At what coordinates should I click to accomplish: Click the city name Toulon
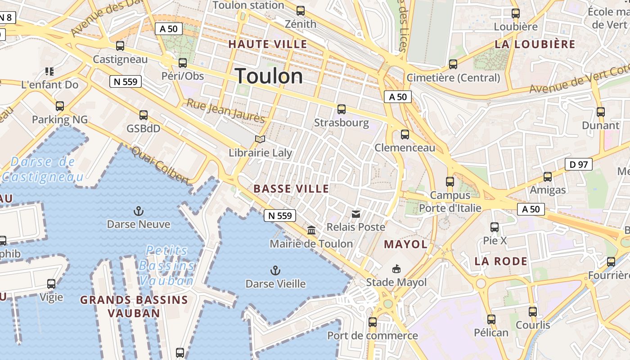click(269, 76)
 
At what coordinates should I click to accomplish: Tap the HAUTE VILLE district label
click(268, 44)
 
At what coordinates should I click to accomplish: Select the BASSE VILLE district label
click(291, 189)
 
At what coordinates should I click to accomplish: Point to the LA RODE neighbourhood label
click(501, 261)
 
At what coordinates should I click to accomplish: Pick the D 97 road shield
click(579, 164)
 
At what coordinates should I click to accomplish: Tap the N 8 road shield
click(7, 18)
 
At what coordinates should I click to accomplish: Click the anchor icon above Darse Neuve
click(139, 211)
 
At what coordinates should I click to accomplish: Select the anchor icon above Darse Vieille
click(275, 270)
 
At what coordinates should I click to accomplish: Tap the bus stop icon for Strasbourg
click(342, 109)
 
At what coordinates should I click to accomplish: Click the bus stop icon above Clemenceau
click(405, 134)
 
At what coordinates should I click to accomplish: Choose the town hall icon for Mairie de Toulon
click(311, 230)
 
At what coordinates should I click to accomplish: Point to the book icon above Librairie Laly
click(260, 139)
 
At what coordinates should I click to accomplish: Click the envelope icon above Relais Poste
click(356, 214)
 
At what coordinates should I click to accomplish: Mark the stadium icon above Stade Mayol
click(396, 269)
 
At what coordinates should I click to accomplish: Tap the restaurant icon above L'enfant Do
click(49, 71)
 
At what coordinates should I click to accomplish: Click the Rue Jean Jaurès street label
click(225, 110)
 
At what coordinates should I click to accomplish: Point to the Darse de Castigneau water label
click(43, 169)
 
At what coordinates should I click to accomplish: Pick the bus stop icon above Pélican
click(491, 319)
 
